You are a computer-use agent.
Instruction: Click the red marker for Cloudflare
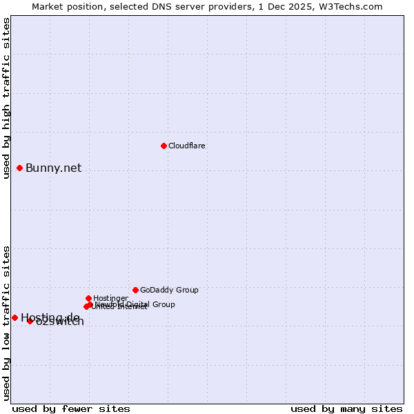tap(164, 146)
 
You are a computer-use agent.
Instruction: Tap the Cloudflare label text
tap(186, 146)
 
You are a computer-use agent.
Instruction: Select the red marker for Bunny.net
tap(20, 168)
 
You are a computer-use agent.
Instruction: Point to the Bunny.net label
tap(53, 168)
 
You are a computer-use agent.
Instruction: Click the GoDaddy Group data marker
tap(135, 290)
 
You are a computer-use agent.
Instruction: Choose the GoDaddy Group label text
tap(169, 290)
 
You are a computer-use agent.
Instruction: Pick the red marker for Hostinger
tap(88, 298)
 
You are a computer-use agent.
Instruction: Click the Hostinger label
tap(110, 299)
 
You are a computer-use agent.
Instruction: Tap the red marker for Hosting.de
tap(14, 317)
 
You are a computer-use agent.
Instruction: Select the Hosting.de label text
tap(50, 317)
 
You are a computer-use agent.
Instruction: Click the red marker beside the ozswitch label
tap(30, 321)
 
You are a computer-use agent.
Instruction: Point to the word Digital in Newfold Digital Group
tap(139, 304)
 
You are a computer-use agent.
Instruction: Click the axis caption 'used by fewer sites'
tap(71, 408)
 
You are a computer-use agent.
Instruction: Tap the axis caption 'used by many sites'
tap(346, 408)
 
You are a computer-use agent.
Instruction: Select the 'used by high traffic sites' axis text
tap(6, 98)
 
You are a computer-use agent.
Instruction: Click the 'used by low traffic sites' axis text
tap(6, 323)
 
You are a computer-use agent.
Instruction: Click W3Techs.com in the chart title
tap(354, 7)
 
